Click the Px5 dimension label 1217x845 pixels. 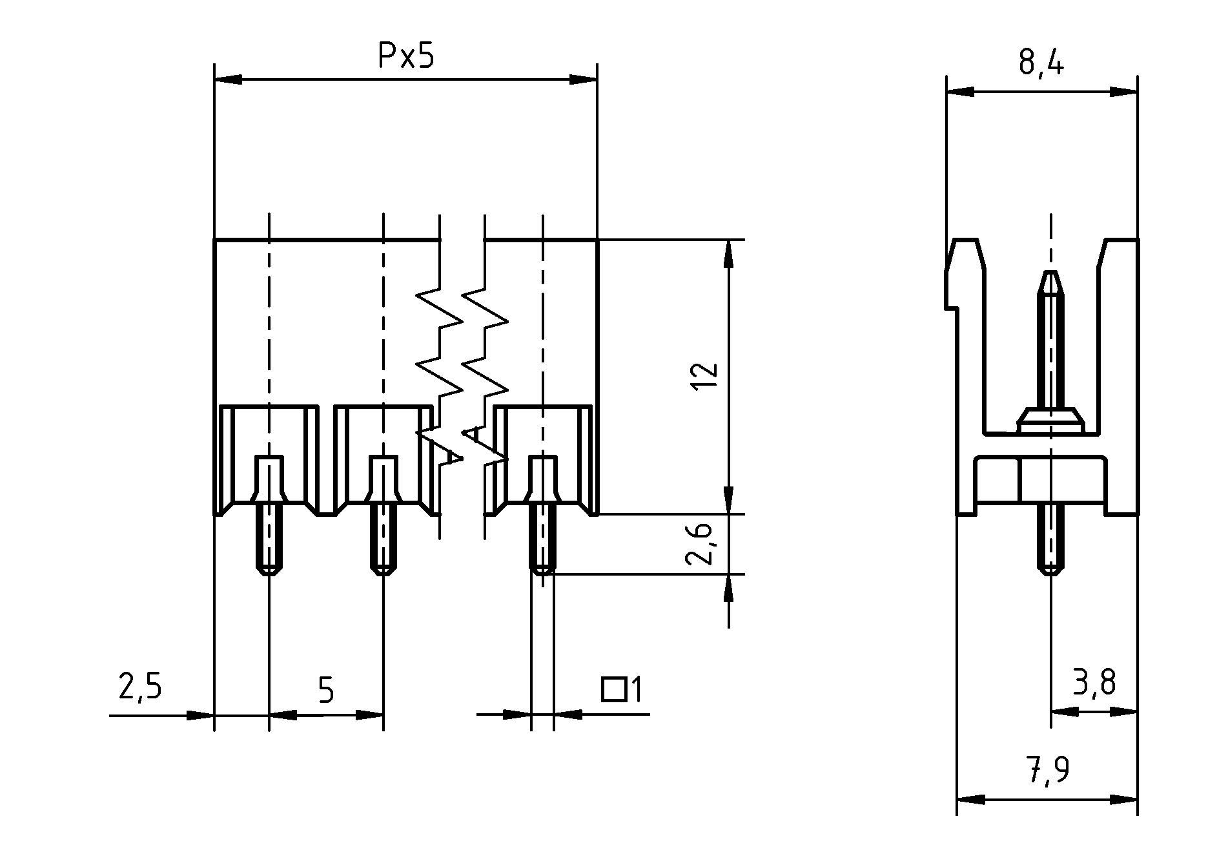point(406,57)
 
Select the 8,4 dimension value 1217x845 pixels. point(1041,63)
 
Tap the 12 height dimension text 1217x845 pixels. point(704,376)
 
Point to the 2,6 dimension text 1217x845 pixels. point(700,543)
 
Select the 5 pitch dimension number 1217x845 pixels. point(327,691)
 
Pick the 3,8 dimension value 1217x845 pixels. point(1094,683)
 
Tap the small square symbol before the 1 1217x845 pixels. point(613,689)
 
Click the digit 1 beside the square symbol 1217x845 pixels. point(636,689)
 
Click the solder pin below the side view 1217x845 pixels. point(1050,543)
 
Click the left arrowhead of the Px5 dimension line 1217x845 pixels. point(227,79)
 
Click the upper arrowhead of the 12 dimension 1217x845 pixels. point(729,253)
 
